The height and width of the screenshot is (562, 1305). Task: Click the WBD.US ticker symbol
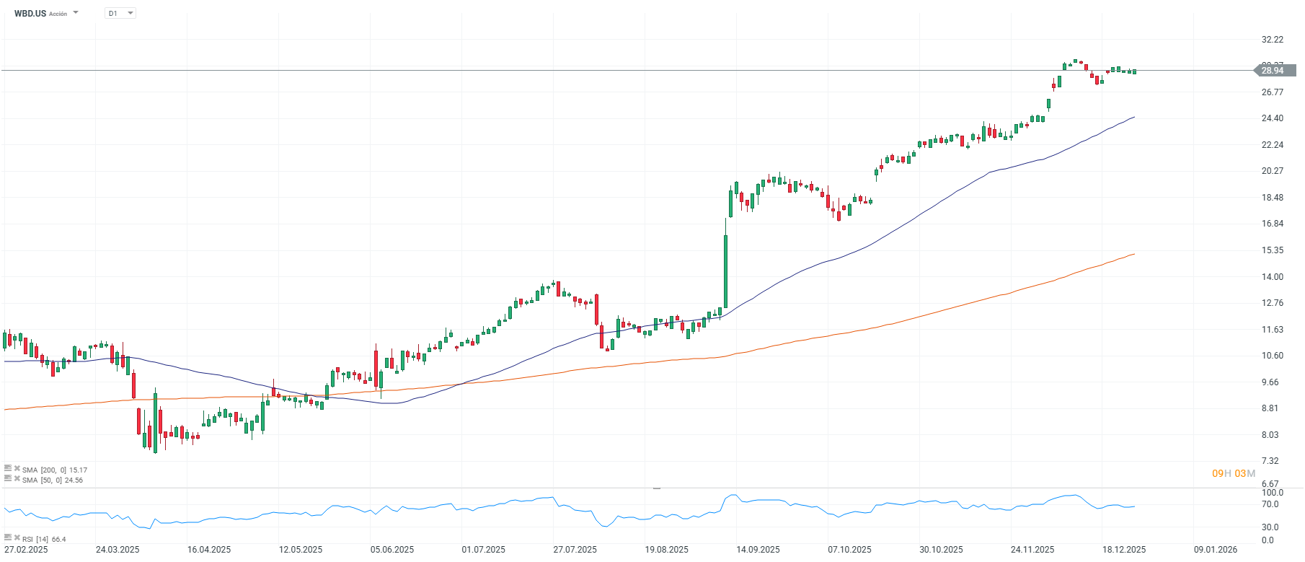click(30, 13)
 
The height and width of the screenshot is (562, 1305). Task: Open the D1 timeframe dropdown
click(120, 13)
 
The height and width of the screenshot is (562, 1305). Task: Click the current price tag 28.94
click(1275, 70)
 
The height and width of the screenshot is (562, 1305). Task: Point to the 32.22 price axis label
click(1273, 40)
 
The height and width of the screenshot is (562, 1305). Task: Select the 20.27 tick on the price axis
click(1273, 171)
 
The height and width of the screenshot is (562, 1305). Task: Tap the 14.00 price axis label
click(1273, 277)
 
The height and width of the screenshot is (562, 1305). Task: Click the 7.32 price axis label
click(1270, 461)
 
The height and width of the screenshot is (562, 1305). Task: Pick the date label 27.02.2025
click(26, 550)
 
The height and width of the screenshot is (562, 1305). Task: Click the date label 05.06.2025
click(392, 550)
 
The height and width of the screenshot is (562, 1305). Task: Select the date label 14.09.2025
click(758, 550)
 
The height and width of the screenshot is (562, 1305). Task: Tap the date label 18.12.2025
click(1124, 550)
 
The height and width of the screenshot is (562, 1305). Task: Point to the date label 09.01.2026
click(1216, 550)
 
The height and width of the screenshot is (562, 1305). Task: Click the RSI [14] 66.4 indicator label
click(43, 539)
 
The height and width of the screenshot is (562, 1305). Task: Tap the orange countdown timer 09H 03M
click(1234, 473)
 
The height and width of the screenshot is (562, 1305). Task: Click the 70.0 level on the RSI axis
click(1270, 504)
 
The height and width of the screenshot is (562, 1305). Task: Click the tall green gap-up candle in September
click(725, 271)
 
